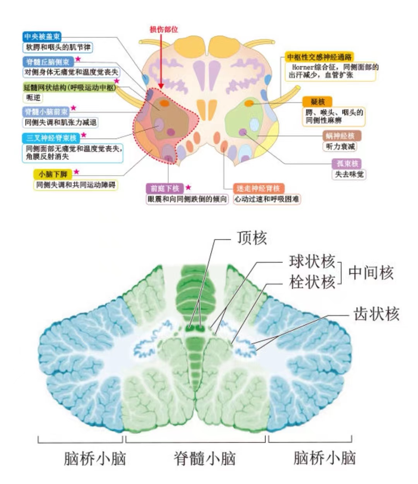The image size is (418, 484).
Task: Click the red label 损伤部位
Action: [164, 29]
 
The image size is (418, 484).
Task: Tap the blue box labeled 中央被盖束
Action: [42, 37]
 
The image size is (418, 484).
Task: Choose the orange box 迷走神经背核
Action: [258, 189]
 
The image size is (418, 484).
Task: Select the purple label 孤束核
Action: [348, 163]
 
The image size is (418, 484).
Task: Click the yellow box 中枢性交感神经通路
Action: [319, 57]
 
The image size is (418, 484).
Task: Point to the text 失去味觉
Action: [349, 174]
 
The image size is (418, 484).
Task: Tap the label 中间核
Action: [371, 273]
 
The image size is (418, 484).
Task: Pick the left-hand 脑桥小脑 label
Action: [94, 458]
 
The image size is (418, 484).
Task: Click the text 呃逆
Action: [33, 98]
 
